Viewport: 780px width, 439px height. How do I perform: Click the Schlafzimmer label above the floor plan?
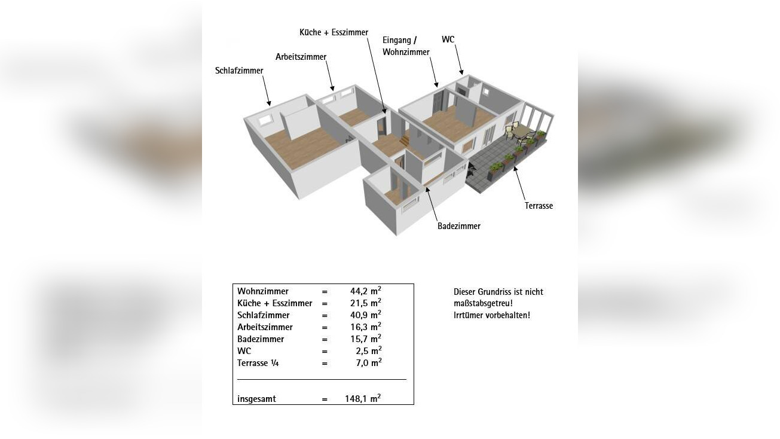(x=239, y=71)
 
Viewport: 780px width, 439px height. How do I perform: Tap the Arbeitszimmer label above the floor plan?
(x=301, y=57)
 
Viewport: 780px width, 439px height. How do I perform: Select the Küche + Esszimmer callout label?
(x=334, y=32)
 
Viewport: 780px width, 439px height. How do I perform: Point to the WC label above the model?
(x=448, y=39)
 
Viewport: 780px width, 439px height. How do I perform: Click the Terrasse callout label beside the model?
(x=539, y=206)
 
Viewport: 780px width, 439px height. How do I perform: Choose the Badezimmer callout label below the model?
(x=459, y=226)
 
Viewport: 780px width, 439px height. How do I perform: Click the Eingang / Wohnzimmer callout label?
(x=406, y=46)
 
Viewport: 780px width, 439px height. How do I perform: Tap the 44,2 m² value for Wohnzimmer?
(x=366, y=291)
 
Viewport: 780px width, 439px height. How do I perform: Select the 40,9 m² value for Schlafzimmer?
(x=366, y=315)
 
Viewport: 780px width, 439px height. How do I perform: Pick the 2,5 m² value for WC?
(x=368, y=350)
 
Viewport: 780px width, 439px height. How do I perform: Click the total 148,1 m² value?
(x=363, y=398)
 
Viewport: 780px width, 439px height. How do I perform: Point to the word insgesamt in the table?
(x=256, y=399)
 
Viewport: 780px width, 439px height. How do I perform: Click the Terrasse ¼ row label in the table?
(x=258, y=363)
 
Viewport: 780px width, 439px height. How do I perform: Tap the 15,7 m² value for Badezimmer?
(x=366, y=339)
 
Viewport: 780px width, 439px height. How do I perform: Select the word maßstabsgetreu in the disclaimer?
(x=483, y=303)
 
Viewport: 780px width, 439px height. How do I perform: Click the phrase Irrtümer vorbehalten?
(x=492, y=315)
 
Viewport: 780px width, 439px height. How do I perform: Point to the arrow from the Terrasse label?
(x=519, y=183)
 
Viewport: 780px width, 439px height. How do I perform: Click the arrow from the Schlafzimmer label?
(x=267, y=90)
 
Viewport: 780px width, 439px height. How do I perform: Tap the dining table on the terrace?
(x=522, y=132)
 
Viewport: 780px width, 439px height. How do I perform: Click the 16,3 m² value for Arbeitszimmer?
(x=366, y=327)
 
